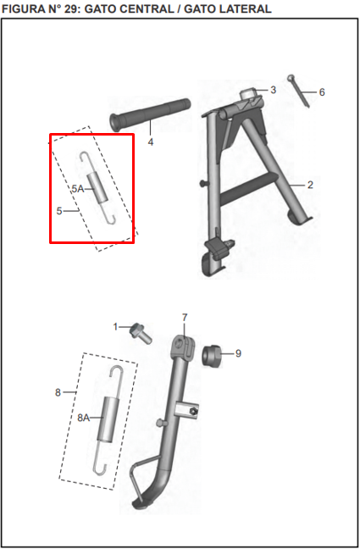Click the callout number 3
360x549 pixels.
tap(273, 90)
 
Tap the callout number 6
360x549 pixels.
tap(322, 92)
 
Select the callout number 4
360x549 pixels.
tap(151, 142)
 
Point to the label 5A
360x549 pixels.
tap(78, 189)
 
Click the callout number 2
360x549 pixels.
tap(310, 185)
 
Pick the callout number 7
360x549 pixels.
tap(185, 318)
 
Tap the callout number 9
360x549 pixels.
tap(238, 353)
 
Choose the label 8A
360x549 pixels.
tap(83, 418)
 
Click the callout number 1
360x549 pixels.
tap(115, 327)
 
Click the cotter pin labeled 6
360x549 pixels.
tap(299, 91)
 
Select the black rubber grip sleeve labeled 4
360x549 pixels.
tap(151, 115)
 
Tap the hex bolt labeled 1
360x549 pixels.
tap(141, 334)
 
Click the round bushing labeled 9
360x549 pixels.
tap(212, 357)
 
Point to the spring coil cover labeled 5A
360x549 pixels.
tap(97, 188)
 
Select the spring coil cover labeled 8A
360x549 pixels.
tap(108, 419)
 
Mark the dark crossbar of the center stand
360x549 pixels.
tap(250, 190)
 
